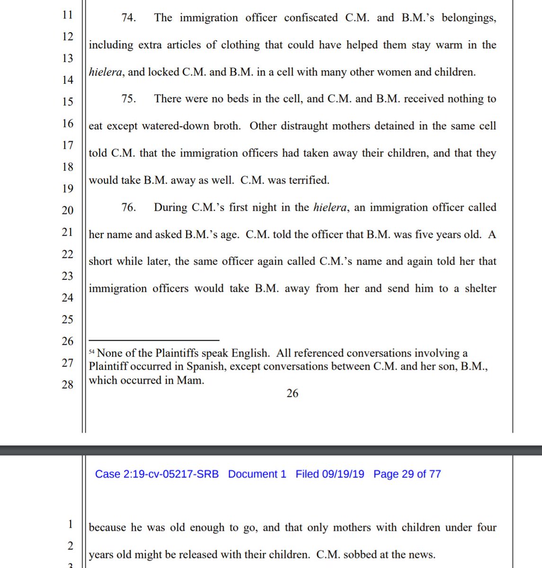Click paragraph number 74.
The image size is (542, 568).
click(x=128, y=18)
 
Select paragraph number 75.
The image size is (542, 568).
click(x=128, y=99)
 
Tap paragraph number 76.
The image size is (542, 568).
click(x=128, y=207)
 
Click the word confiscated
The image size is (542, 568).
click(x=311, y=18)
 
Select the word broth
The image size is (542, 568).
click(x=226, y=126)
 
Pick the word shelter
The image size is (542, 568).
click(x=480, y=288)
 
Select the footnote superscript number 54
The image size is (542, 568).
click(x=92, y=352)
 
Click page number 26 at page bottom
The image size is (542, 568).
click(x=293, y=393)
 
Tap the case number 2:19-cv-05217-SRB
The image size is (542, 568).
click(x=157, y=474)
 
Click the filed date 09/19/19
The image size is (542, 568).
click(x=330, y=474)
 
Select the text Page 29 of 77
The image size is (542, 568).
click(x=407, y=474)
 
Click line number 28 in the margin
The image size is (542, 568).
click(x=68, y=384)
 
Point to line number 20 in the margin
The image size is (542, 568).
click(x=68, y=210)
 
